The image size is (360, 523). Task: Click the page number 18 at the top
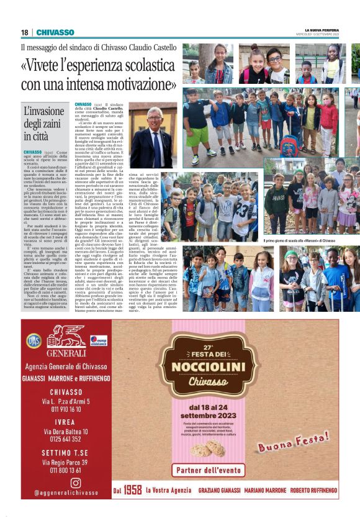(x=24, y=32)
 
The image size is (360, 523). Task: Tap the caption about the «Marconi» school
(x=299, y=240)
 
